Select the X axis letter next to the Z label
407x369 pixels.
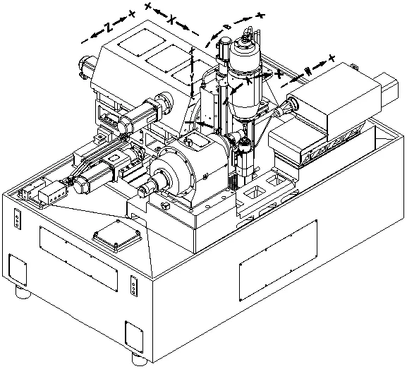tap(172, 22)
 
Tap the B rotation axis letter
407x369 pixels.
tap(227, 26)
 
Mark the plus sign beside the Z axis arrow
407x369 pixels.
tap(132, 14)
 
